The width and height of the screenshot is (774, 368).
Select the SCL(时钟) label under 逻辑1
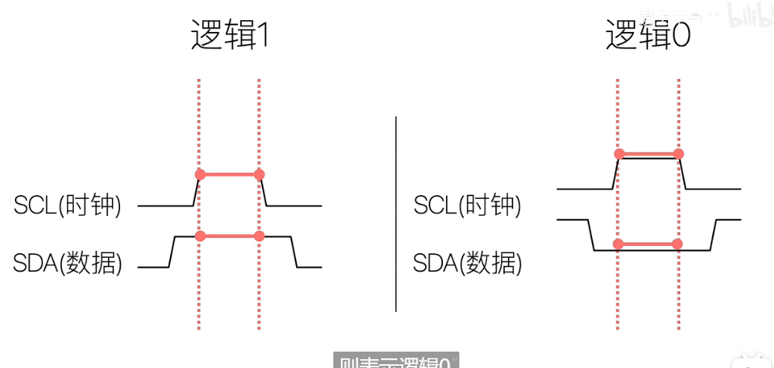[68, 205]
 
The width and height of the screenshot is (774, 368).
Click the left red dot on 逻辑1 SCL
[200, 174]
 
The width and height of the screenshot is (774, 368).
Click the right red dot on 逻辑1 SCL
[259, 174]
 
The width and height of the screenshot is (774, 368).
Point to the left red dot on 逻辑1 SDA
[200, 235]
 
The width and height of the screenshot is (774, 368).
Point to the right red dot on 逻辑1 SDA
[259, 235]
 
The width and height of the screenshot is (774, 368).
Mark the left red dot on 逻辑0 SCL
[618, 154]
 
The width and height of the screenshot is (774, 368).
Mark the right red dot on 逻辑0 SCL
[678, 154]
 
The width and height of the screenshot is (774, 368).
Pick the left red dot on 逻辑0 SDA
[618, 244]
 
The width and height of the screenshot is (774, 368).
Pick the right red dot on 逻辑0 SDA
[677, 244]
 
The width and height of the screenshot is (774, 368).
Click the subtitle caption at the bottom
[395, 361]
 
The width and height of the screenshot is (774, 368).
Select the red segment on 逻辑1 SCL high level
[230, 174]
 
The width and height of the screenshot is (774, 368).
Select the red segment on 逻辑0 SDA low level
[647, 244]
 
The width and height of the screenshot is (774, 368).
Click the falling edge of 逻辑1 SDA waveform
[294, 251]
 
